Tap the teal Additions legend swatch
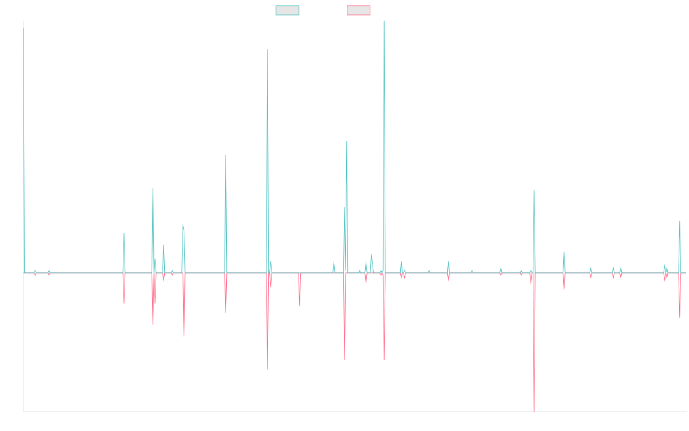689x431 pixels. coord(288,10)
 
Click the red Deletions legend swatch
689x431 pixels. coord(359,10)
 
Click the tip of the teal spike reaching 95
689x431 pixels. coord(268,49)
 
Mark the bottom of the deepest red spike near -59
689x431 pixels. coord(534,411)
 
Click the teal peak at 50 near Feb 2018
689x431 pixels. coord(226,155)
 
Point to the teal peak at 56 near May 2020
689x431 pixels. coord(347,141)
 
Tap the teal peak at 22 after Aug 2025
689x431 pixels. coord(680,221)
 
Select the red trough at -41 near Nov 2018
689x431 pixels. coord(268,368)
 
